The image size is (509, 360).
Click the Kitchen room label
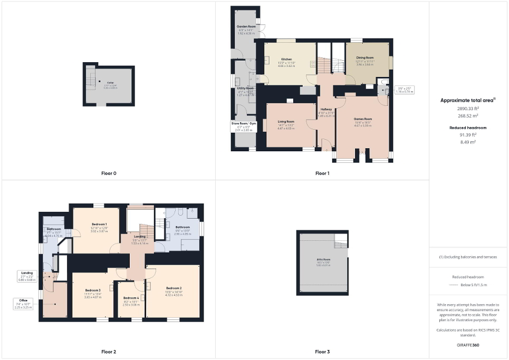pos(286,60)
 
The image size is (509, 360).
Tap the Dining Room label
pos(364,58)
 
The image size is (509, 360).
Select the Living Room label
pos(286,122)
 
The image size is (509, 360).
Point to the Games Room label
pos(363,119)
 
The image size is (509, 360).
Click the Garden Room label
pos(246,26)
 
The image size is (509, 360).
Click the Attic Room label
pos(323,260)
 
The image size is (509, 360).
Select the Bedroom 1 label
pos(99,225)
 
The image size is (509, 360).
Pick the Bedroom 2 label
pos(174,288)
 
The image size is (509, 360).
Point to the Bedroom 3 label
pos(92,290)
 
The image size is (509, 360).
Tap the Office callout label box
pos(23,304)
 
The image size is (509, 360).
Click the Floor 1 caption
pos(322,173)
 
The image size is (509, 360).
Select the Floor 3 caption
pos(322,352)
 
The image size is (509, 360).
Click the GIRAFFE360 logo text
pos(469,345)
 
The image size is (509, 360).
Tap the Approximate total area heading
pos(468,100)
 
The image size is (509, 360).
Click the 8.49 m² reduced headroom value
pos(469,141)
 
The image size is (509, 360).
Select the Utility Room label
pos(245,89)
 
